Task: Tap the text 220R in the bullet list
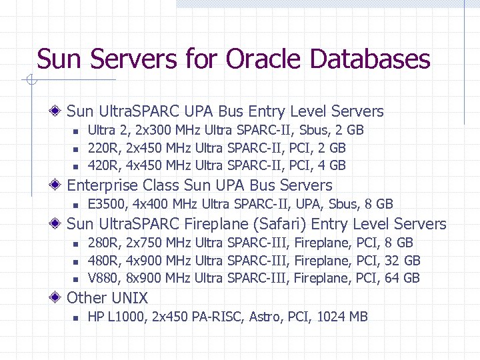101,148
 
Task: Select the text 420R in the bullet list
101,165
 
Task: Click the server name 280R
101,243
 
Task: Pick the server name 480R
101,261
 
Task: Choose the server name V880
102,278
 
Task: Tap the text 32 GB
403,261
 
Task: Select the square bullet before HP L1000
76,317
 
